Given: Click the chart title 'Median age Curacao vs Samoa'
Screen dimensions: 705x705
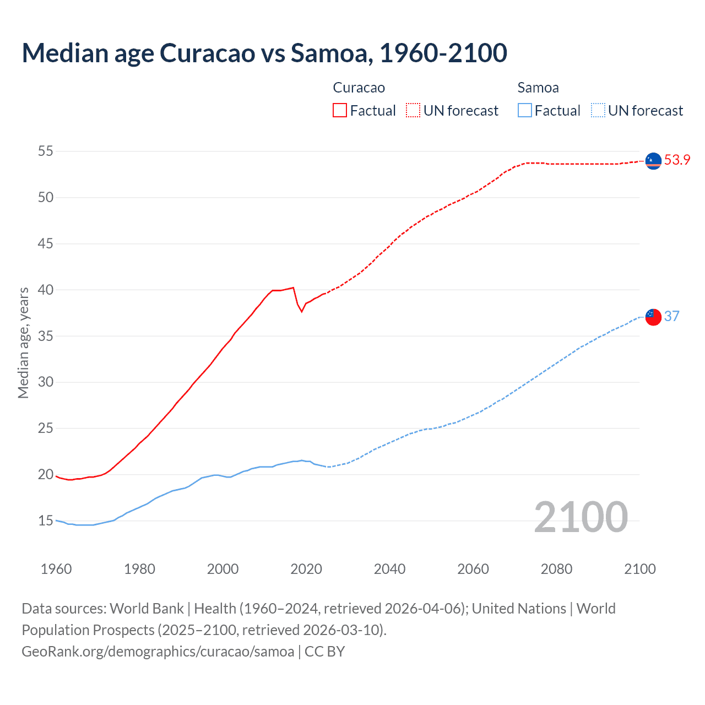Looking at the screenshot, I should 264,53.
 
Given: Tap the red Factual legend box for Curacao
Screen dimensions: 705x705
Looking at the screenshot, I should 340,111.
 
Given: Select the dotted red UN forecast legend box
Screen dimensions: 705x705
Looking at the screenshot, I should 413,111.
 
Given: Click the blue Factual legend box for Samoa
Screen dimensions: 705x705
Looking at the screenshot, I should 525,111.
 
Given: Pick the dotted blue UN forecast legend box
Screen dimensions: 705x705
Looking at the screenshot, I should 598,111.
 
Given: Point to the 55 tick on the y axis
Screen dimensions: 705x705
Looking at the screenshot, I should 45,151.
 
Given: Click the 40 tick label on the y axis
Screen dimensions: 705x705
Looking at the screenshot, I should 45,290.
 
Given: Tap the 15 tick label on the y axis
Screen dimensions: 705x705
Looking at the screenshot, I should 45,520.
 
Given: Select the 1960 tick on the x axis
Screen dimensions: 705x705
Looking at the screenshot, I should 56,569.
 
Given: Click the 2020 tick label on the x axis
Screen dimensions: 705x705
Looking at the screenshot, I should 306,569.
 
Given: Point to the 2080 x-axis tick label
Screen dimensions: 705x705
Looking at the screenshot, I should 556,569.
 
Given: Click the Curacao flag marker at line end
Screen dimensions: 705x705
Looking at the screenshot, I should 653,161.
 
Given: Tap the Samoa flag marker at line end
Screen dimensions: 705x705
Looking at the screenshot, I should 653,317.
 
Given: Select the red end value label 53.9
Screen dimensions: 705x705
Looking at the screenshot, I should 677,160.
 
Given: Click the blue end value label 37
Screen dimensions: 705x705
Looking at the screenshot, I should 671,316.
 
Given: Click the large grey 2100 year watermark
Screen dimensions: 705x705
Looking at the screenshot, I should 581,517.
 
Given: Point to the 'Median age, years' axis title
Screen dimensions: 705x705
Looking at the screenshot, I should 23,343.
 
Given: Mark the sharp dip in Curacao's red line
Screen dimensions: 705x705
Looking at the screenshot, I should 301,311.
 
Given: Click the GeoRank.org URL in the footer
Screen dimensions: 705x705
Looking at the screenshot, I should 158,652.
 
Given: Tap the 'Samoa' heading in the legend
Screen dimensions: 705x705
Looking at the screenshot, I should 538,88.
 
